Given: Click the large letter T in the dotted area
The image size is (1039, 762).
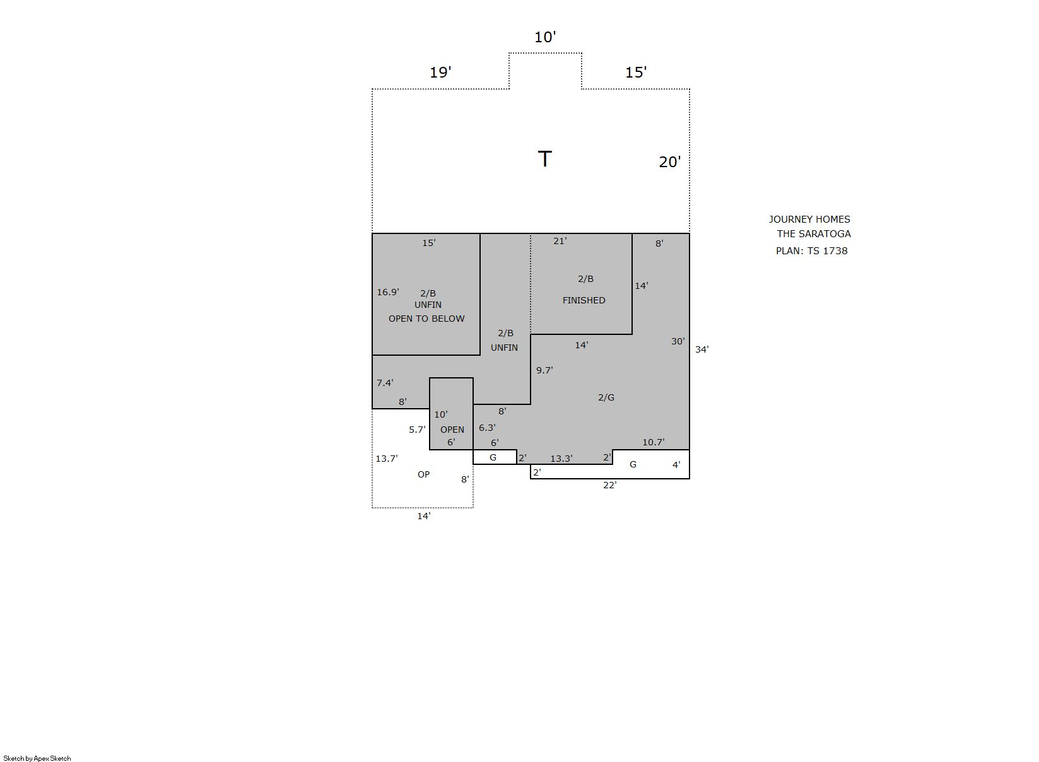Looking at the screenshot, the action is click(544, 158).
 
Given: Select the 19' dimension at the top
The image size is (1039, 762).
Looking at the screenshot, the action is click(440, 73).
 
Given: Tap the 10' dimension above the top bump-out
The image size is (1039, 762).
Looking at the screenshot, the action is click(545, 37).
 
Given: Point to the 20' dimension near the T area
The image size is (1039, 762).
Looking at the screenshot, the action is click(670, 162).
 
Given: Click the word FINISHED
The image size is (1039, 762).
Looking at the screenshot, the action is click(584, 300).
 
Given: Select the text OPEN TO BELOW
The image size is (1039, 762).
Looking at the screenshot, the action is click(426, 319).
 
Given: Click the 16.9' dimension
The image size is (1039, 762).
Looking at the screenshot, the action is click(388, 292).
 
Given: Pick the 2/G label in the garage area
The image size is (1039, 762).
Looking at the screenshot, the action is click(606, 397).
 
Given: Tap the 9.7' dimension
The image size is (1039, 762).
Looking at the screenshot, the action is click(544, 370).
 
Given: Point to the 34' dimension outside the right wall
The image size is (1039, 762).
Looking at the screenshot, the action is click(701, 349).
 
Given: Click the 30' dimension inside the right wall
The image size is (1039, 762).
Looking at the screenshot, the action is click(678, 341).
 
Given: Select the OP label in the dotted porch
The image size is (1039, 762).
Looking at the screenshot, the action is click(423, 474).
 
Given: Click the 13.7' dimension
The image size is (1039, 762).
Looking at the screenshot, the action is click(386, 459).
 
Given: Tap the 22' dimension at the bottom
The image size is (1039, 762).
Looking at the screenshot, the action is click(609, 485).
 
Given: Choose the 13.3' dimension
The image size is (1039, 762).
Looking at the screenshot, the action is click(561, 459).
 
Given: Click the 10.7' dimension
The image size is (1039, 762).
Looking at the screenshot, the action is click(653, 442).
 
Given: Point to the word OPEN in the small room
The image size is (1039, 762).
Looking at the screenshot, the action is click(452, 430).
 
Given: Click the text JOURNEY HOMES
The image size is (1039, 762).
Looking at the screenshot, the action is click(809, 220).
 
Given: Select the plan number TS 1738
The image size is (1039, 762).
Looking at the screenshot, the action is click(827, 251).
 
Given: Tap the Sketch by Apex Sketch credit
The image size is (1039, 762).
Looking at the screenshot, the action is click(37, 759).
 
